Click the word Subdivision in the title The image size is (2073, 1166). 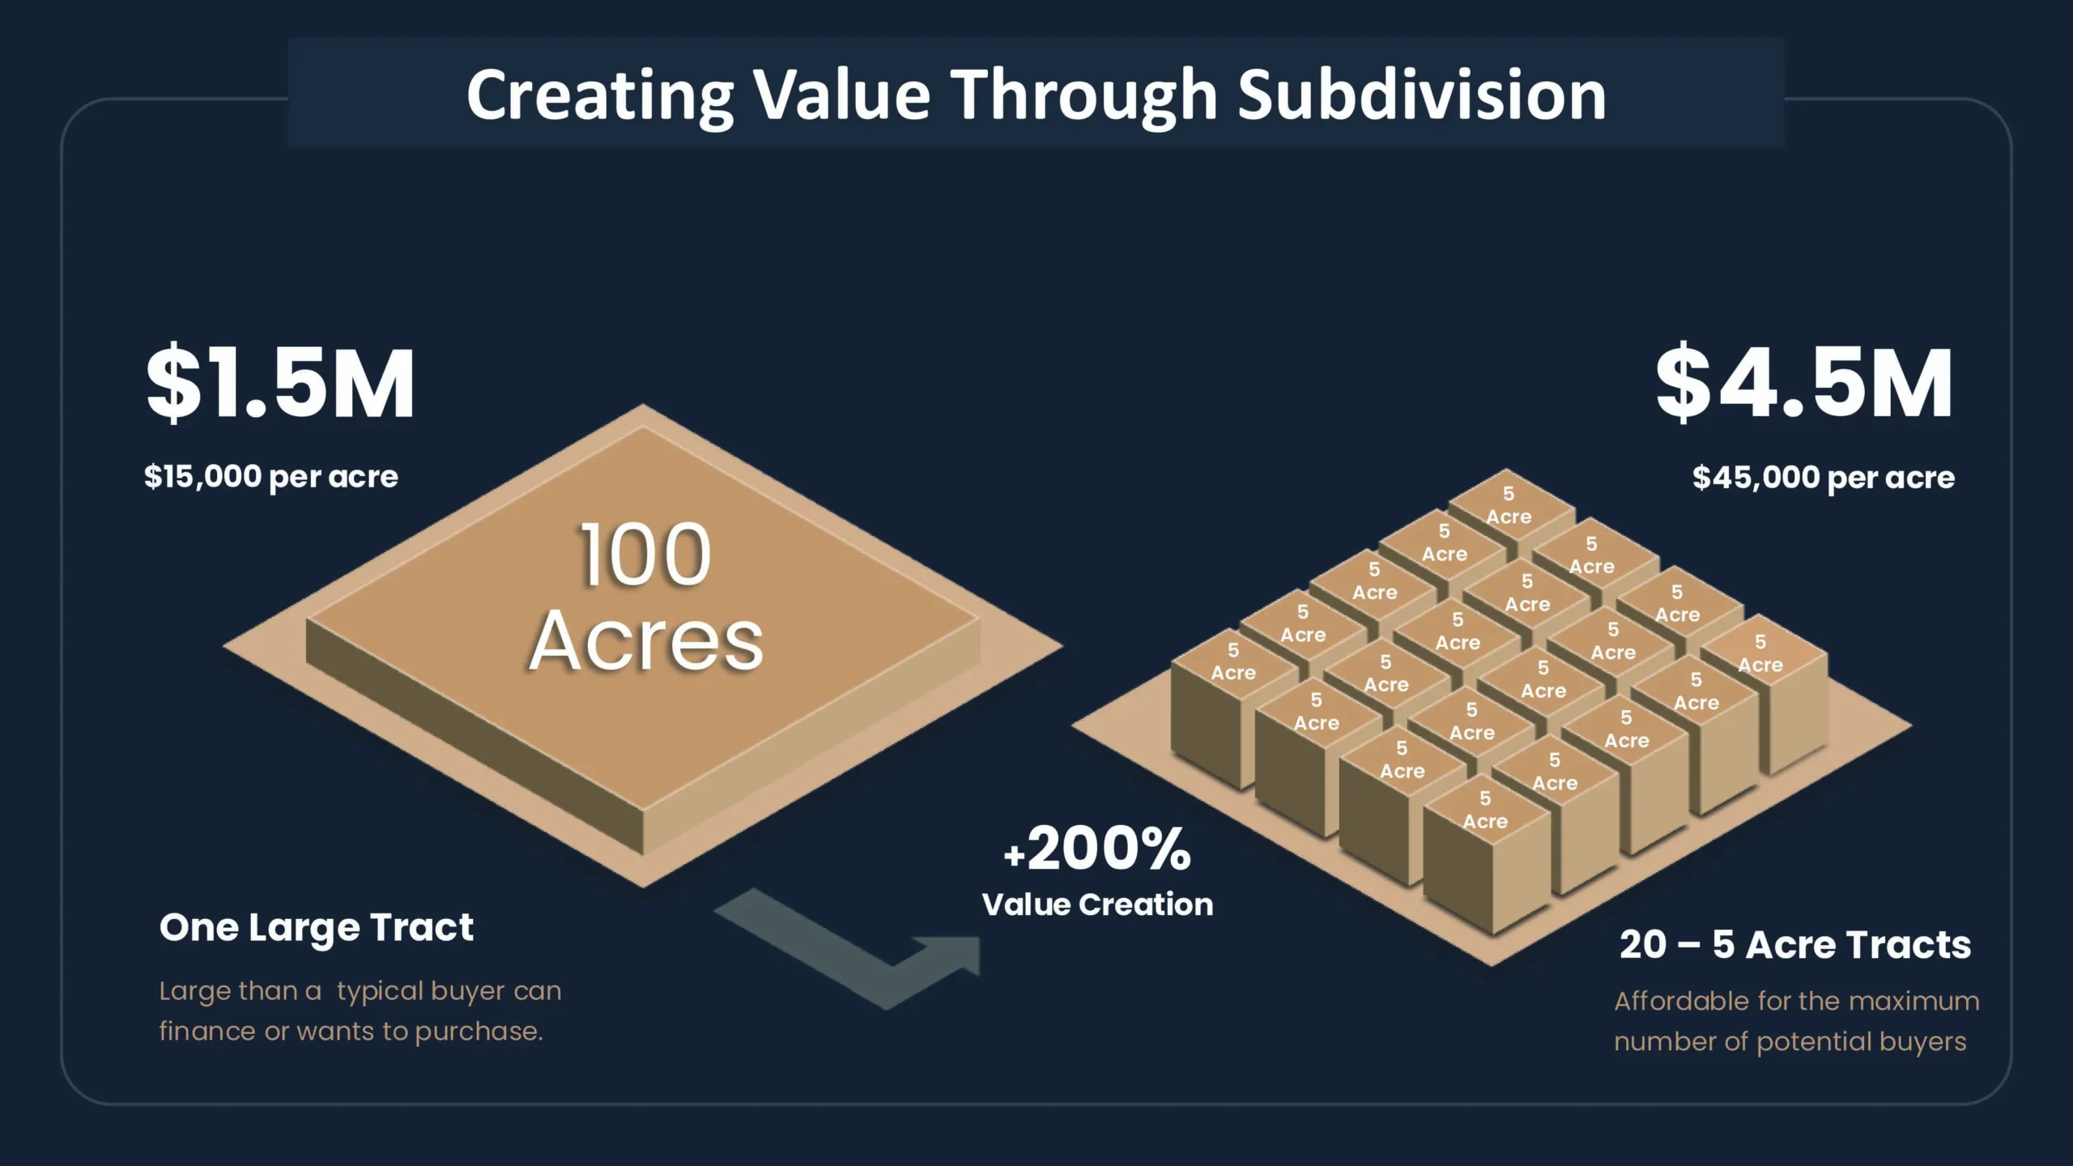click(x=1422, y=95)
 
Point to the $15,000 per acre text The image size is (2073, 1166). click(x=271, y=477)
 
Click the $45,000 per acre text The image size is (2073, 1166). click(x=1824, y=478)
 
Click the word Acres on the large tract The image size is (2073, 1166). click(x=646, y=641)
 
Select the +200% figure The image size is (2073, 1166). click(x=1097, y=849)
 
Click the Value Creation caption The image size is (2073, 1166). click(x=1097, y=904)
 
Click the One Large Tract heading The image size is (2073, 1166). click(x=316, y=928)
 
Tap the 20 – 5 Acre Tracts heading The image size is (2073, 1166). click(x=1795, y=945)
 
